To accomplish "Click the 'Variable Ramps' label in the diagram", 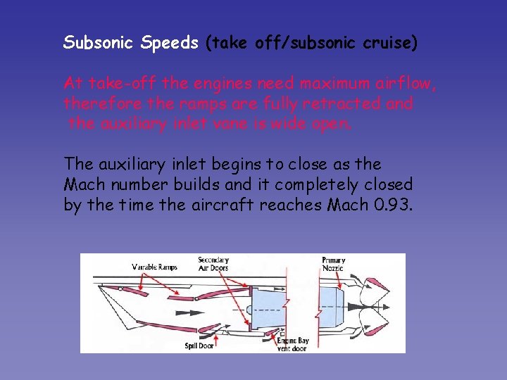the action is pyautogui.click(x=155, y=267).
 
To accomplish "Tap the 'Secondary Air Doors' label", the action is pyautogui.click(x=213, y=264).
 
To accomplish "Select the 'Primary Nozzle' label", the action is pyautogui.click(x=333, y=265).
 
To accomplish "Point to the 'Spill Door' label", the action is pyautogui.click(x=199, y=346).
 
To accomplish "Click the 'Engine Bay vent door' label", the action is pyautogui.click(x=292, y=345).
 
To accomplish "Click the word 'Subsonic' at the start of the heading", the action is pyautogui.click(x=99, y=42).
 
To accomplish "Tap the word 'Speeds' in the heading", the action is pyautogui.click(x=170, y=43).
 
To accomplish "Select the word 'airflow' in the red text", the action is pyautogui.click(x=409, y=84).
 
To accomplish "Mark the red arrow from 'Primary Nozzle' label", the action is pyautogui.click(x=335, y=277).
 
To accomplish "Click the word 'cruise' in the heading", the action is pyautogui.click(x=389, y=43).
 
